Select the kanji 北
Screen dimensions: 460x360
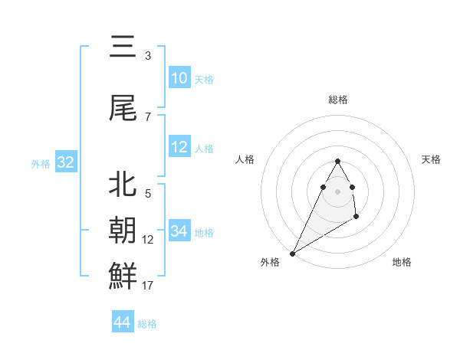point(123,184)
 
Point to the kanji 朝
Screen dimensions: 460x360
point(123,228)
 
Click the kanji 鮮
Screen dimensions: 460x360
point(123,275)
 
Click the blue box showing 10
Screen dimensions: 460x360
point(179,78)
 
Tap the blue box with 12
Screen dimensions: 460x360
point(179,148)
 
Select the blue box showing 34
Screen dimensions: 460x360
point(179,231)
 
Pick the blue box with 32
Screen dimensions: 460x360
point(65,162)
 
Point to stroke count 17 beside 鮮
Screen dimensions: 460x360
point(147,286)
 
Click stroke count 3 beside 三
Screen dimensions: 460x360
point(147,56)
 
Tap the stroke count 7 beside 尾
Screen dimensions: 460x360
point(147,117)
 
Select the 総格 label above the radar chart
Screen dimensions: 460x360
point(337,100)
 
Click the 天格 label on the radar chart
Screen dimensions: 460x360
point(432,159)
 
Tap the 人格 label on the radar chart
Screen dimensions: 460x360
point(245,159)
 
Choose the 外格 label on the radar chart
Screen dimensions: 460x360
point(270,262)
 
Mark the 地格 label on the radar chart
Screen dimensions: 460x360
point(402,262)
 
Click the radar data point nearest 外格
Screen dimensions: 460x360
point(292,253)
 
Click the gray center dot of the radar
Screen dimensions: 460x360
point(337,190)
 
